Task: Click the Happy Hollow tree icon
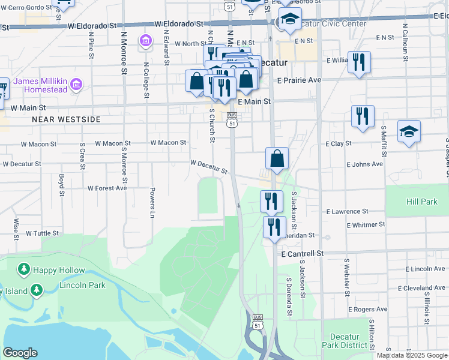[24, 270]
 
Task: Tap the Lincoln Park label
[83, 285]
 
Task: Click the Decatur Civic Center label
[336, 24]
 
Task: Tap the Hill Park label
[421, 202]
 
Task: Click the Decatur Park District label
[345, 341]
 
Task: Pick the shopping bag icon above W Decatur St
[277, 159]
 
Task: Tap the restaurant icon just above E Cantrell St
[274, 227]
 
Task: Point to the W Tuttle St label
[42, 233]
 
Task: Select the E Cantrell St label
[303, 254]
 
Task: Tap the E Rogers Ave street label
[367, 309]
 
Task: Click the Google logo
[20, 353]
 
